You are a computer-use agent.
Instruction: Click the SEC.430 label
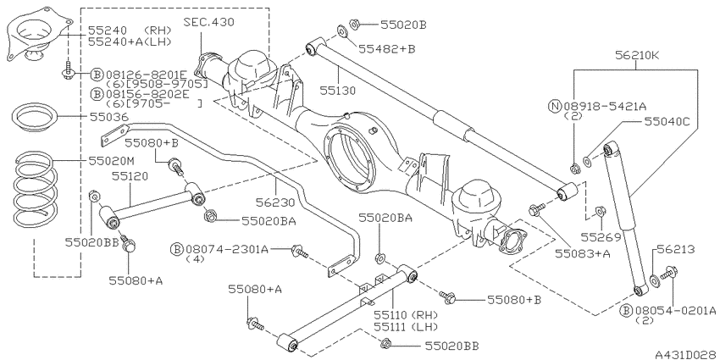point(208,22)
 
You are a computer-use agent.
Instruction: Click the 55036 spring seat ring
point(33,119)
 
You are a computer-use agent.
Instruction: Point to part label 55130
point(339,91)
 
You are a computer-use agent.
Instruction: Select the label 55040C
point(667,121)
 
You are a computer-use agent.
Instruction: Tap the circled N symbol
point(555,107)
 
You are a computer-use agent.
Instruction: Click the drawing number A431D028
point(685,354)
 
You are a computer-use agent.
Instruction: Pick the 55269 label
point(601,237)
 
